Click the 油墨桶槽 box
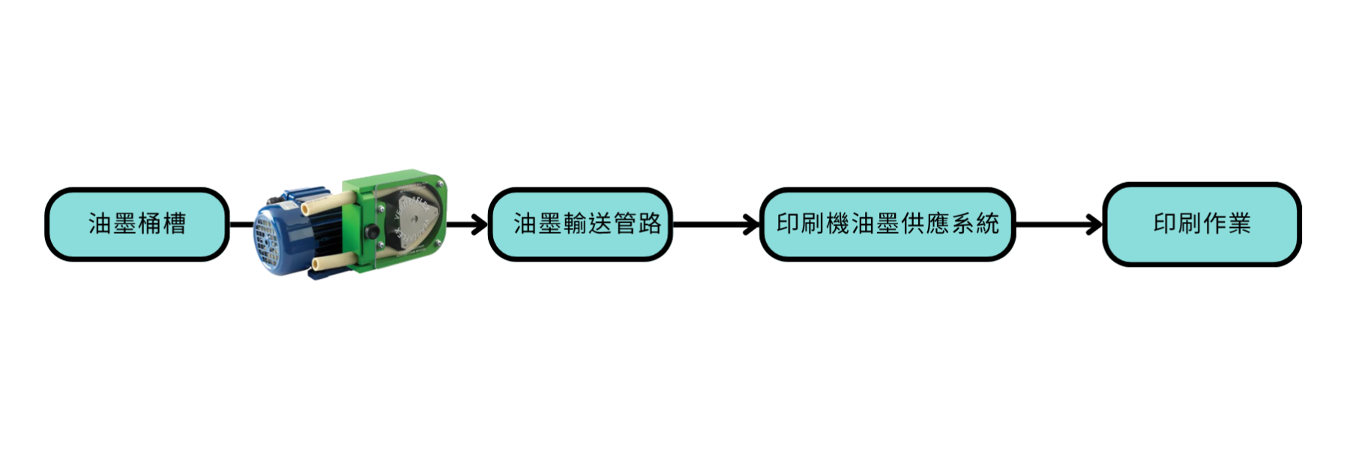(x=136, y=224)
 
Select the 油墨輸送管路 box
(x=580, y=224)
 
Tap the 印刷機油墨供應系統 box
(x=888, y=224)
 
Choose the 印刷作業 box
(x=1202, y=224)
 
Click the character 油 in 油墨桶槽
(x=100, y=224)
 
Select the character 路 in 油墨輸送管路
(x=649, y=224)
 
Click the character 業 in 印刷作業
(x=1238, y=224)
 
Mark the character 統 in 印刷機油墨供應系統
(x=987, y=224)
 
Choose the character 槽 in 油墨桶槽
(x=174, y=224)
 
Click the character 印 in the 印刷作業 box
(x=1165, y=224)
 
